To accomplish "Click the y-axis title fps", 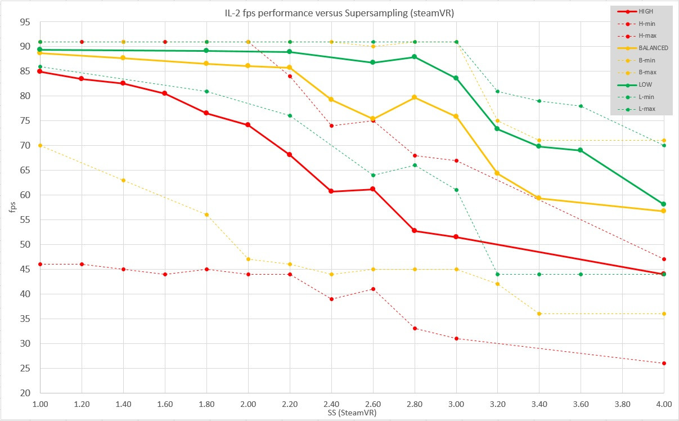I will tap(12, 207).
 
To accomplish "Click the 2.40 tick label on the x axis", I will tap(331, 404).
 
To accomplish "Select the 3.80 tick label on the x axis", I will tap(622, 404).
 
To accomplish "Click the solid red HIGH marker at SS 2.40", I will tap(331, 191).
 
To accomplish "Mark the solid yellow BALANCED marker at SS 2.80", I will tap(415, 97).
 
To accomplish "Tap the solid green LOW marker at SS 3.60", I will tap(581, 150).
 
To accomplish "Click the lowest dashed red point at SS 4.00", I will tap(664, 364).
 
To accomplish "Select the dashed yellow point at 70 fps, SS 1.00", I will tap(40, 146).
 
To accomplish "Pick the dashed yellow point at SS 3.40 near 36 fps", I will tap(539, 314).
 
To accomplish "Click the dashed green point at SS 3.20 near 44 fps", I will tap(497, 274).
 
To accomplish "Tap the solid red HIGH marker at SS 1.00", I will tap(40, 71).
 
